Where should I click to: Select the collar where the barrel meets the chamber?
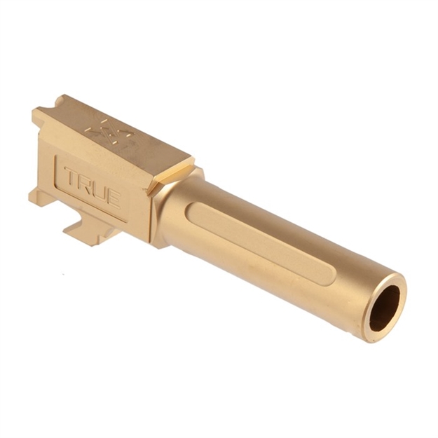tap(163, 210)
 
